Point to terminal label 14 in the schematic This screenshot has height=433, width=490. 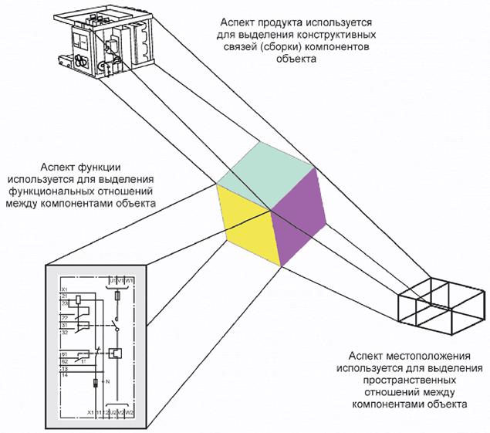click(65, 375)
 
